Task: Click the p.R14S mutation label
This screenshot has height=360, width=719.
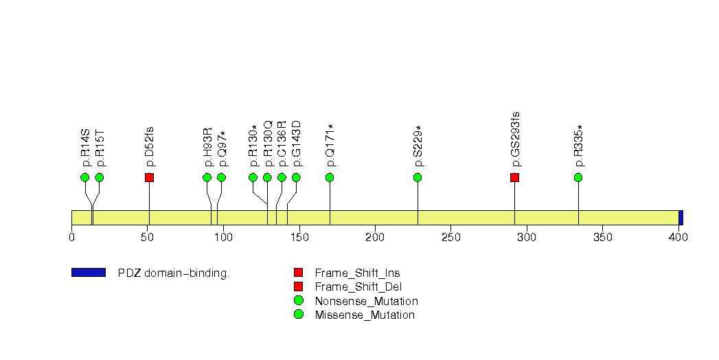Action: (x=86, y=148)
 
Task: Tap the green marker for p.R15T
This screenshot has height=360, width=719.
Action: (x=100, y=177)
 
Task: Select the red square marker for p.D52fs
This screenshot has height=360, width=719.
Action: (x=149, y=177)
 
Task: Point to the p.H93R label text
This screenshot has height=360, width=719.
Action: (x=207, y=148)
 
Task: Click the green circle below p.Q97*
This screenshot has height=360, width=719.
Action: (x=221, y=177)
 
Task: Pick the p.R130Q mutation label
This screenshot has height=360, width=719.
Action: (x=268, y=144)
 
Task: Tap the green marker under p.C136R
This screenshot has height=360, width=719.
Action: (x=282, y=177)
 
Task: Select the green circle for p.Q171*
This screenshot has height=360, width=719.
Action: (x=330, y=177)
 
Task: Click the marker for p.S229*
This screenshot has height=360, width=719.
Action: (x=418, y=177)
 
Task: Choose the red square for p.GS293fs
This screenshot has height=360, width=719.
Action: (x=514, y=177)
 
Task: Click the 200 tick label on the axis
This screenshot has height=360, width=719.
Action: (x=374, y=238)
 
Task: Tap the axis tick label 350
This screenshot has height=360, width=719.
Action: (x=602, y=238)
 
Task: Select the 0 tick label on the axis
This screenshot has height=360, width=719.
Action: (x=71, y=238)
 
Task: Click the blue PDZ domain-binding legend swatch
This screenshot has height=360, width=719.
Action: (x=88, y=273)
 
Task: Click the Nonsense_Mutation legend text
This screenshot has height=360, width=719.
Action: (x=366, y=301)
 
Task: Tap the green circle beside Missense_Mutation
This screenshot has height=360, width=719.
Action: (x=298, y=315)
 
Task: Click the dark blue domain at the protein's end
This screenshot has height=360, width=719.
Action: (x=681, y=217)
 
